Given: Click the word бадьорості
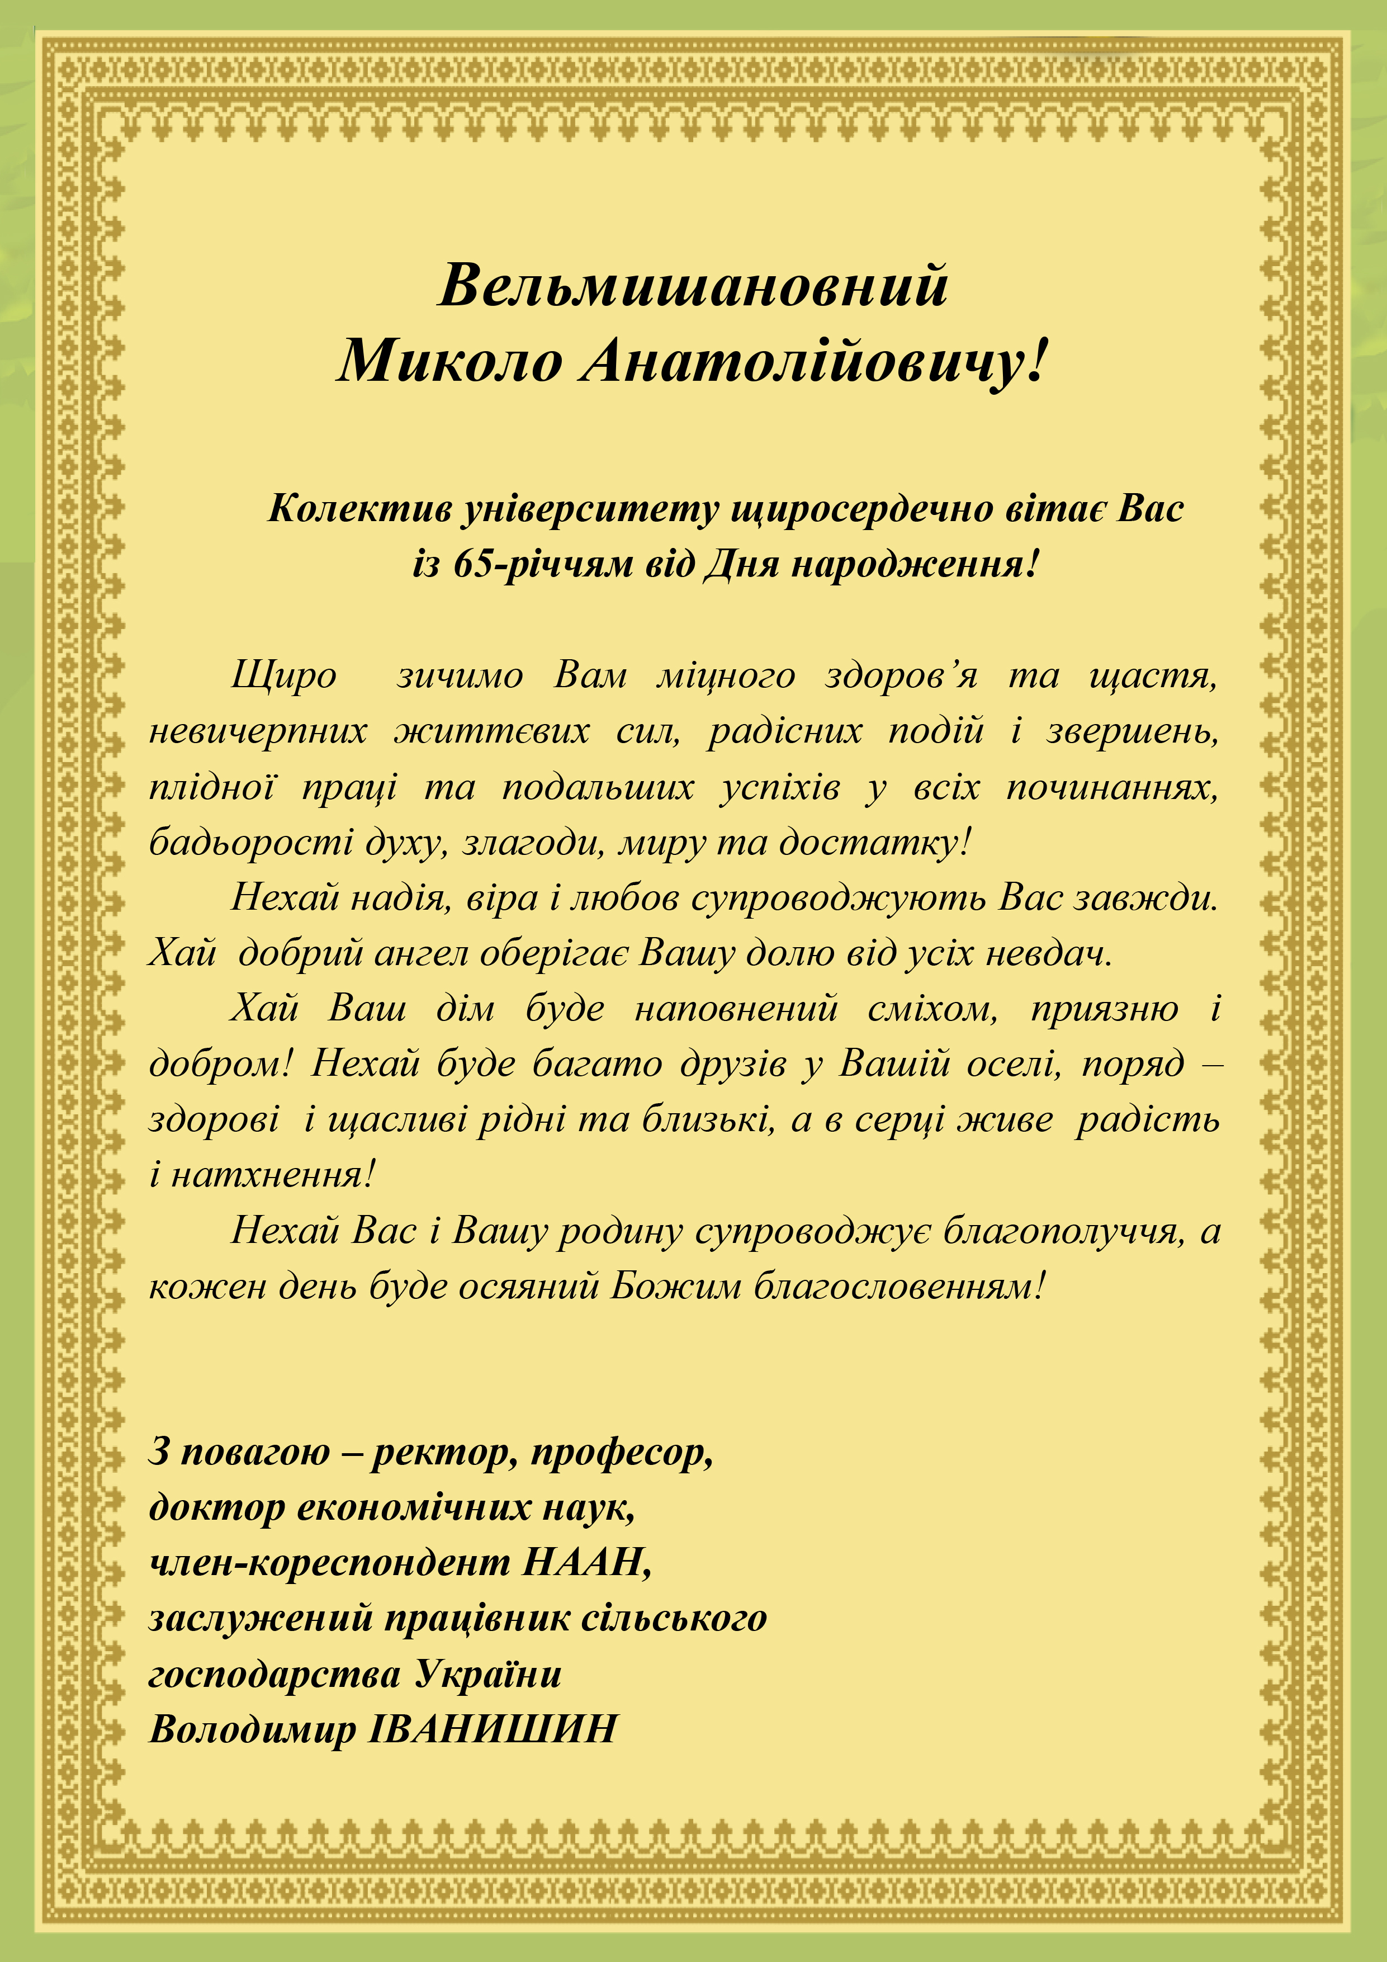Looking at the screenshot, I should coord(251,843).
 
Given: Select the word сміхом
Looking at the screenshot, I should coord(931,1009).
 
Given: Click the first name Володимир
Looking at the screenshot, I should coord(252,1729).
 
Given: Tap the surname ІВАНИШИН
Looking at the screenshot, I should coord(493,1729).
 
